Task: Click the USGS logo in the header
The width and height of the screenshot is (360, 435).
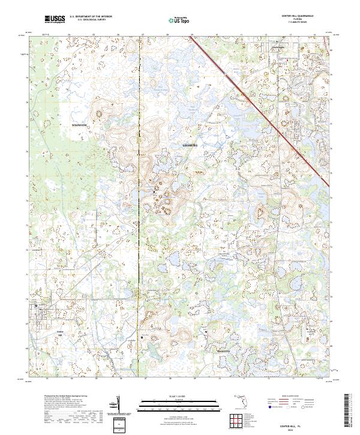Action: coord(55,20)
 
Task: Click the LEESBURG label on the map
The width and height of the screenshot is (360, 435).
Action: coord(190,145)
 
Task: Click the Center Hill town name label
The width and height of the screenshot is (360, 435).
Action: coord(59,332)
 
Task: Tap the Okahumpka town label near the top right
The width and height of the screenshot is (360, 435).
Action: coord(277,48)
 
